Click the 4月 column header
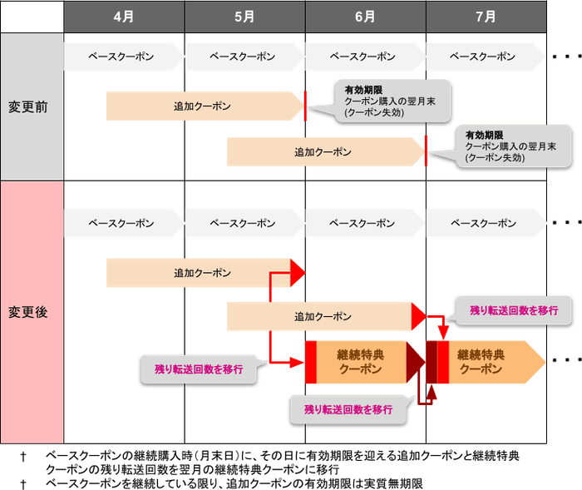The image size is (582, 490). tap(125, 17)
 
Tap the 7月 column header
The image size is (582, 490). tap(486, 17)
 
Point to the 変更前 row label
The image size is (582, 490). tap(32, 107)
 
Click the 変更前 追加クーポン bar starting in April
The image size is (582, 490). tap(204, 106)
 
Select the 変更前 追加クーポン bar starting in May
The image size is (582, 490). tap(324, 152)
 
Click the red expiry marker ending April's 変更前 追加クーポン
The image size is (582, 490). tap(306, 105)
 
